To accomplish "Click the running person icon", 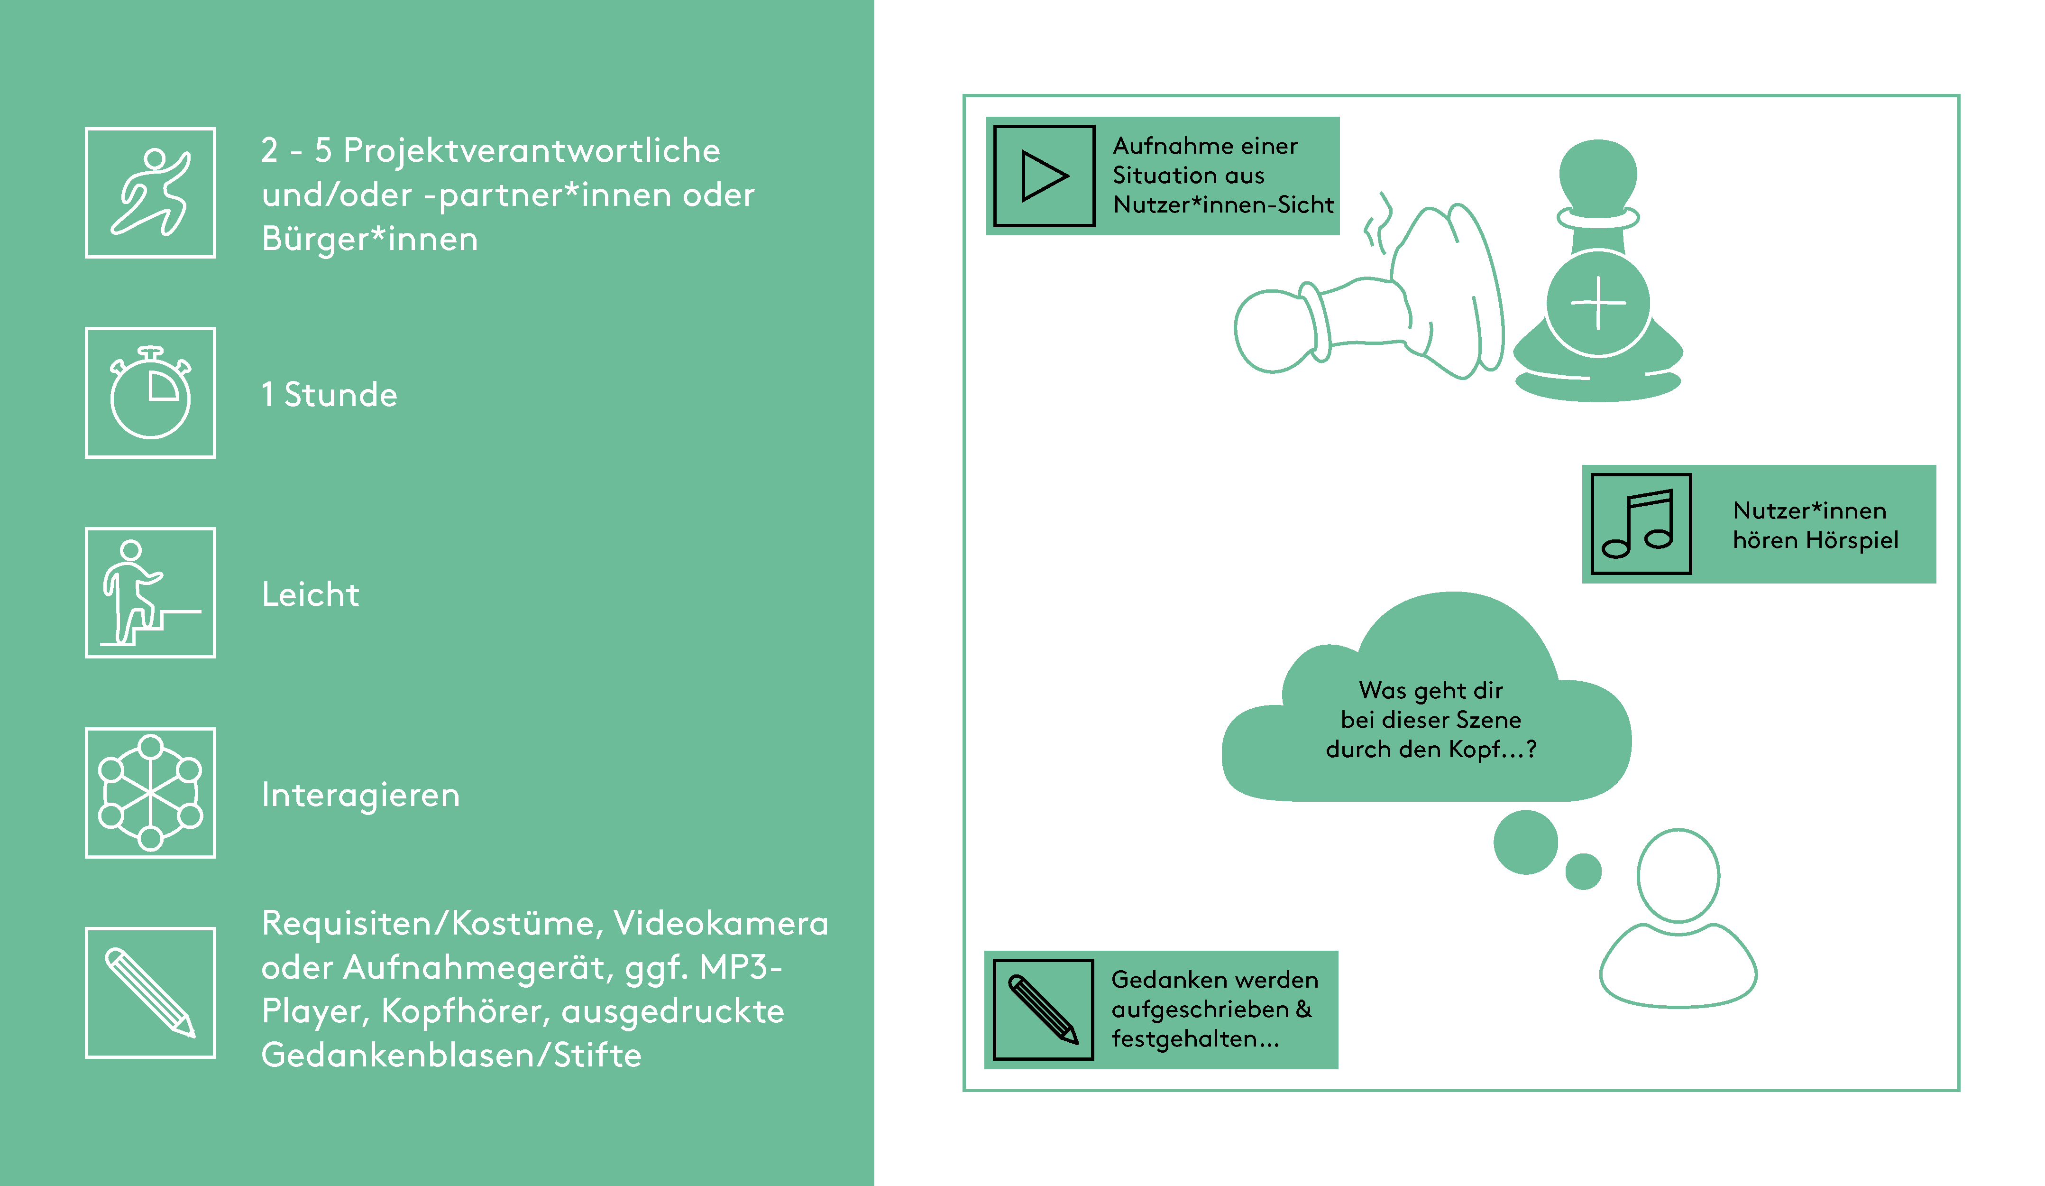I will [151, 193].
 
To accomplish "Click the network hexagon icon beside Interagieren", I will [151, 793].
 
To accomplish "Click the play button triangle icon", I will [1045, 176].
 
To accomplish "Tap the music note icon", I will [1641, 524].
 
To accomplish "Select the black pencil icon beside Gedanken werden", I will [1044, 1010].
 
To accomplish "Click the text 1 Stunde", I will [330, 395].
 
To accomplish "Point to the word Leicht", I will [310, 595].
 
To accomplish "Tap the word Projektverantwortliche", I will [532, 151].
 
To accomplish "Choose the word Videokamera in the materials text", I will [721, 924].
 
